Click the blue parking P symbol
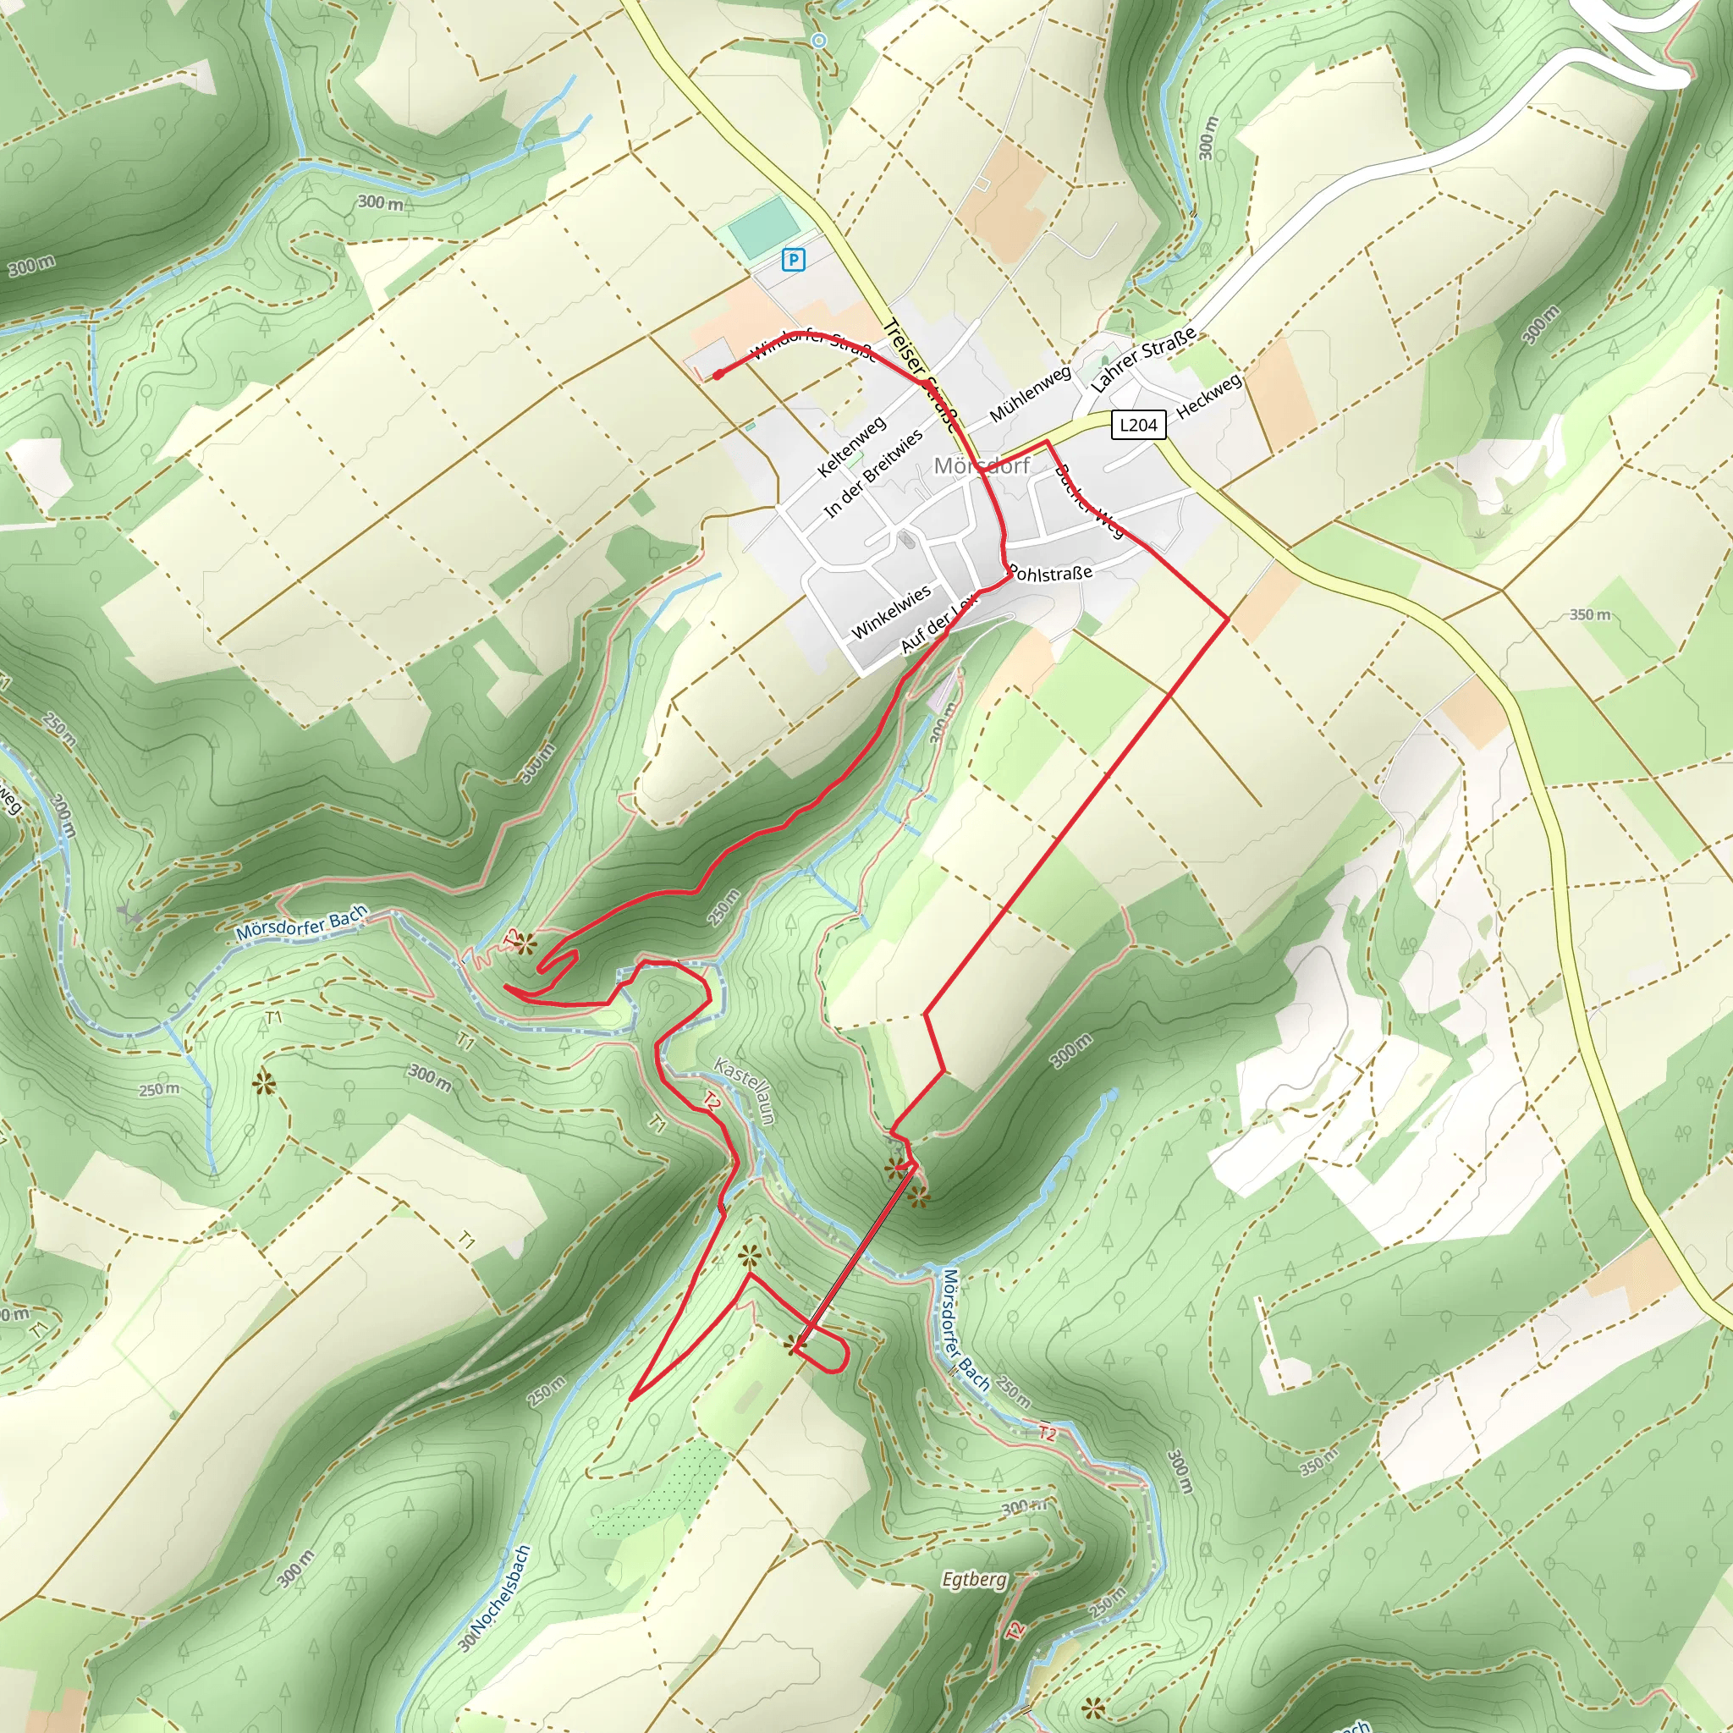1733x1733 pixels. (793, 260)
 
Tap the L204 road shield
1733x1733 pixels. (1138, 424)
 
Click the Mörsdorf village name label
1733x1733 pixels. (982, 465)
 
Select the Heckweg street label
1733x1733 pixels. (1209, 395)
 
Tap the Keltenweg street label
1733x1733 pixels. (851, 446)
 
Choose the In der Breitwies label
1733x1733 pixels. (872, 474)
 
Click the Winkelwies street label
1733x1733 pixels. (890, 612)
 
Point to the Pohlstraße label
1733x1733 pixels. (1050, 572)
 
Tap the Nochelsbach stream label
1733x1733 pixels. (496, 1598)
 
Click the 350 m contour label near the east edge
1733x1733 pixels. (1589, 614)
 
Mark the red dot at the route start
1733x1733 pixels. (718, 375)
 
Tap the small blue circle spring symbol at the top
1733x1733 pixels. (817, 41)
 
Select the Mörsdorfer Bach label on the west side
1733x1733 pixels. (302, 923)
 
